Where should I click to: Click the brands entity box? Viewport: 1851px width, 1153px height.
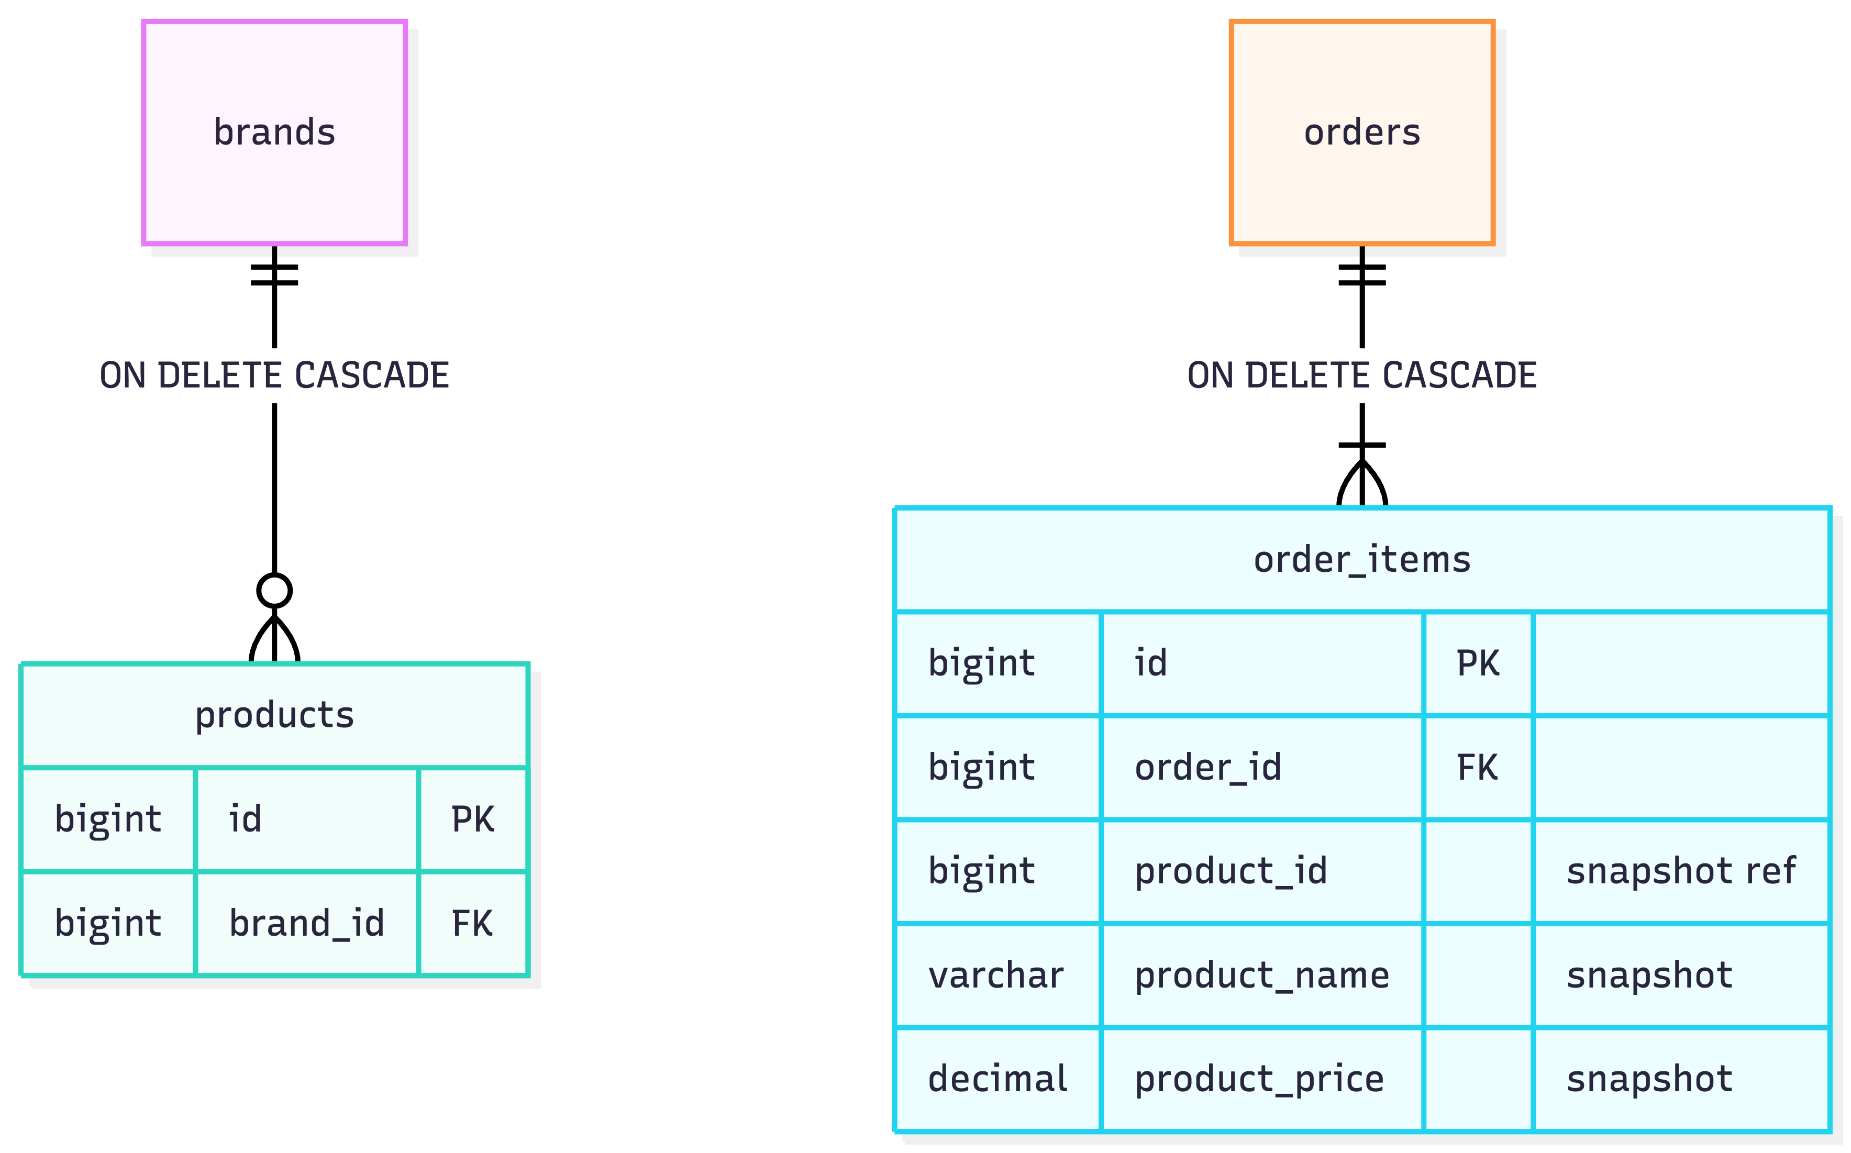tap(274, 132)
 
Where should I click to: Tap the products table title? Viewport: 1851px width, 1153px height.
tap(274, 715)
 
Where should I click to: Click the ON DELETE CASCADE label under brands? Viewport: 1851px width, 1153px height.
tap(274, 375)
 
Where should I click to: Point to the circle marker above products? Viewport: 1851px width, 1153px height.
tap(274, 590)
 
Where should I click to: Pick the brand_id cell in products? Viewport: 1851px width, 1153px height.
tap(306, 924)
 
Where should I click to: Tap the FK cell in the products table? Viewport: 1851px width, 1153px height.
tap(473, 924)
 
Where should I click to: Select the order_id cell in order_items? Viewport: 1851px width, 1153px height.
tap(1262, 767)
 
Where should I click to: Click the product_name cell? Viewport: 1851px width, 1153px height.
tap(1262, 975)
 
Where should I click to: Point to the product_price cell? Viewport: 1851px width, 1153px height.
tap(1262, 1079)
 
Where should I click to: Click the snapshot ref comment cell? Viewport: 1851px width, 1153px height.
tap(1681, 871)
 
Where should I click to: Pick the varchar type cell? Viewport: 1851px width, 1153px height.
tap(997, 975)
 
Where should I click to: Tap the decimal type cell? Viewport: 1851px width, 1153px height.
tap(997, 1079)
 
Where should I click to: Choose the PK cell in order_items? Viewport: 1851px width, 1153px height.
tap(1478, 663)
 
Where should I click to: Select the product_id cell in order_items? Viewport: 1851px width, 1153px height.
tap(1262, 871)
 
